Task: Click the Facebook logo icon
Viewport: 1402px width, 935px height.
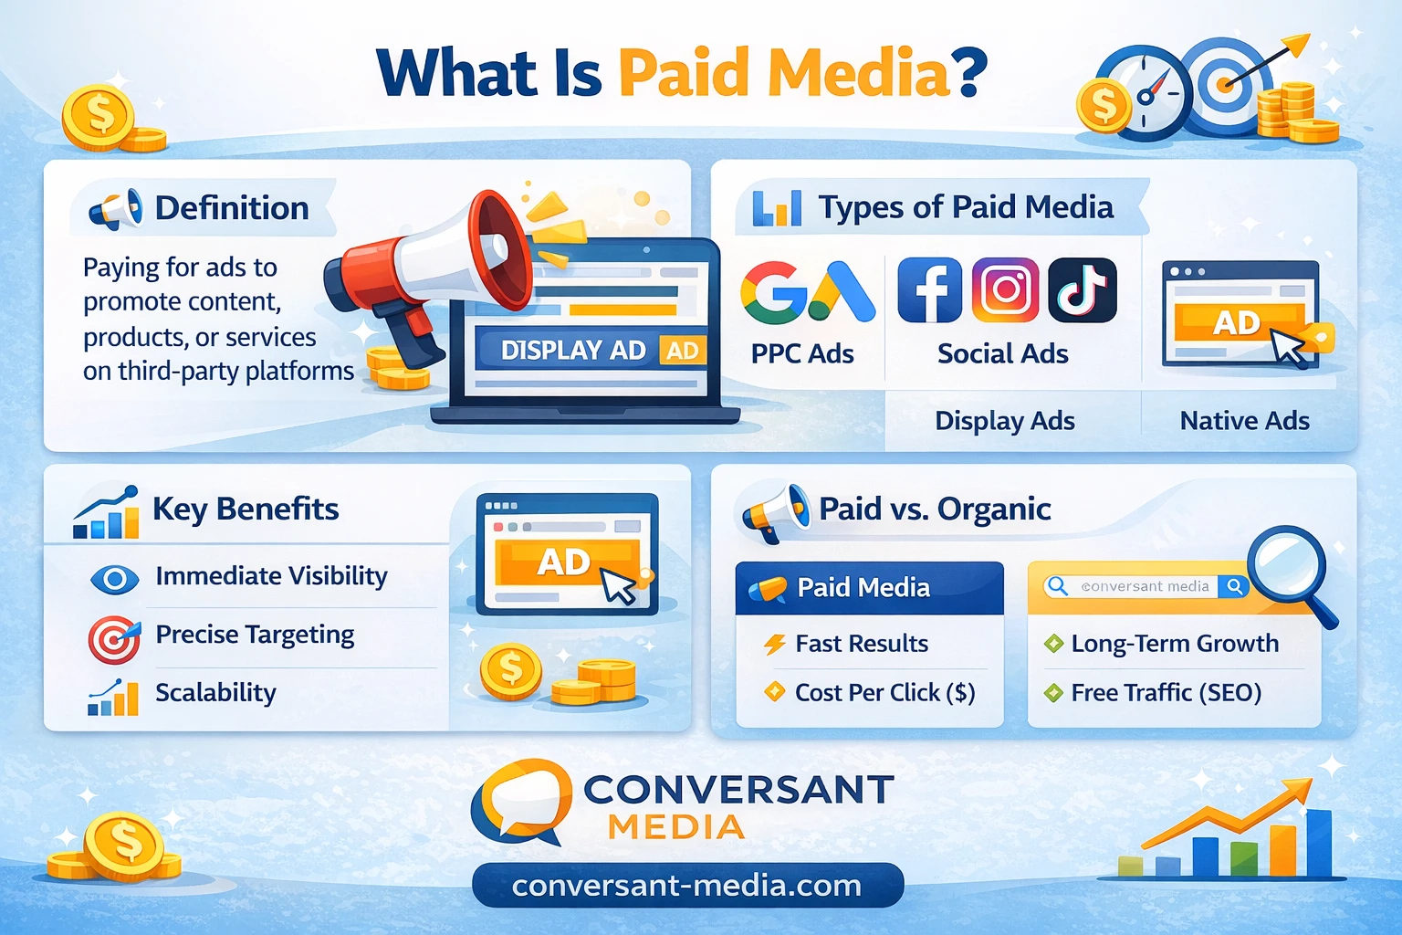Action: point(929,290)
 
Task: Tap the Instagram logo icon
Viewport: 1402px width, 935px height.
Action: point(1005,290)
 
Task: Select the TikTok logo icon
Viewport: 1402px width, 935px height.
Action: point(1083,290)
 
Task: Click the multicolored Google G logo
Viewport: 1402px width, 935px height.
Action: point(773,292)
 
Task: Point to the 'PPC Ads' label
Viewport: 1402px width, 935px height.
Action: point(802,354)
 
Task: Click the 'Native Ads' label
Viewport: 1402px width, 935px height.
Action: point(1244,421)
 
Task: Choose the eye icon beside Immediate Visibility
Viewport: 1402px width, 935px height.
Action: point(114,579)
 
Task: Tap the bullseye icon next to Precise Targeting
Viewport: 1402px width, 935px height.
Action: point(114,639)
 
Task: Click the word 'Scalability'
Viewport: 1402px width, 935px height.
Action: point(216,693)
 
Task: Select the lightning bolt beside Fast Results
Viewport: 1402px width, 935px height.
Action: point(775,643)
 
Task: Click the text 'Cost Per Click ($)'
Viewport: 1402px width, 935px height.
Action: point(885,693)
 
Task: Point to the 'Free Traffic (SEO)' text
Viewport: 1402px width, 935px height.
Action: point(1166,693)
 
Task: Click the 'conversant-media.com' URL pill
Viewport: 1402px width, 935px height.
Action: point(688,885)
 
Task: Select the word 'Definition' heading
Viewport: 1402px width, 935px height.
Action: point(232,208)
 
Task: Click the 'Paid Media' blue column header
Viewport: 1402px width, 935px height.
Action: point(869,587)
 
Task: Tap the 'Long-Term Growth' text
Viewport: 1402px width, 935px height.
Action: point(1175,643)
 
